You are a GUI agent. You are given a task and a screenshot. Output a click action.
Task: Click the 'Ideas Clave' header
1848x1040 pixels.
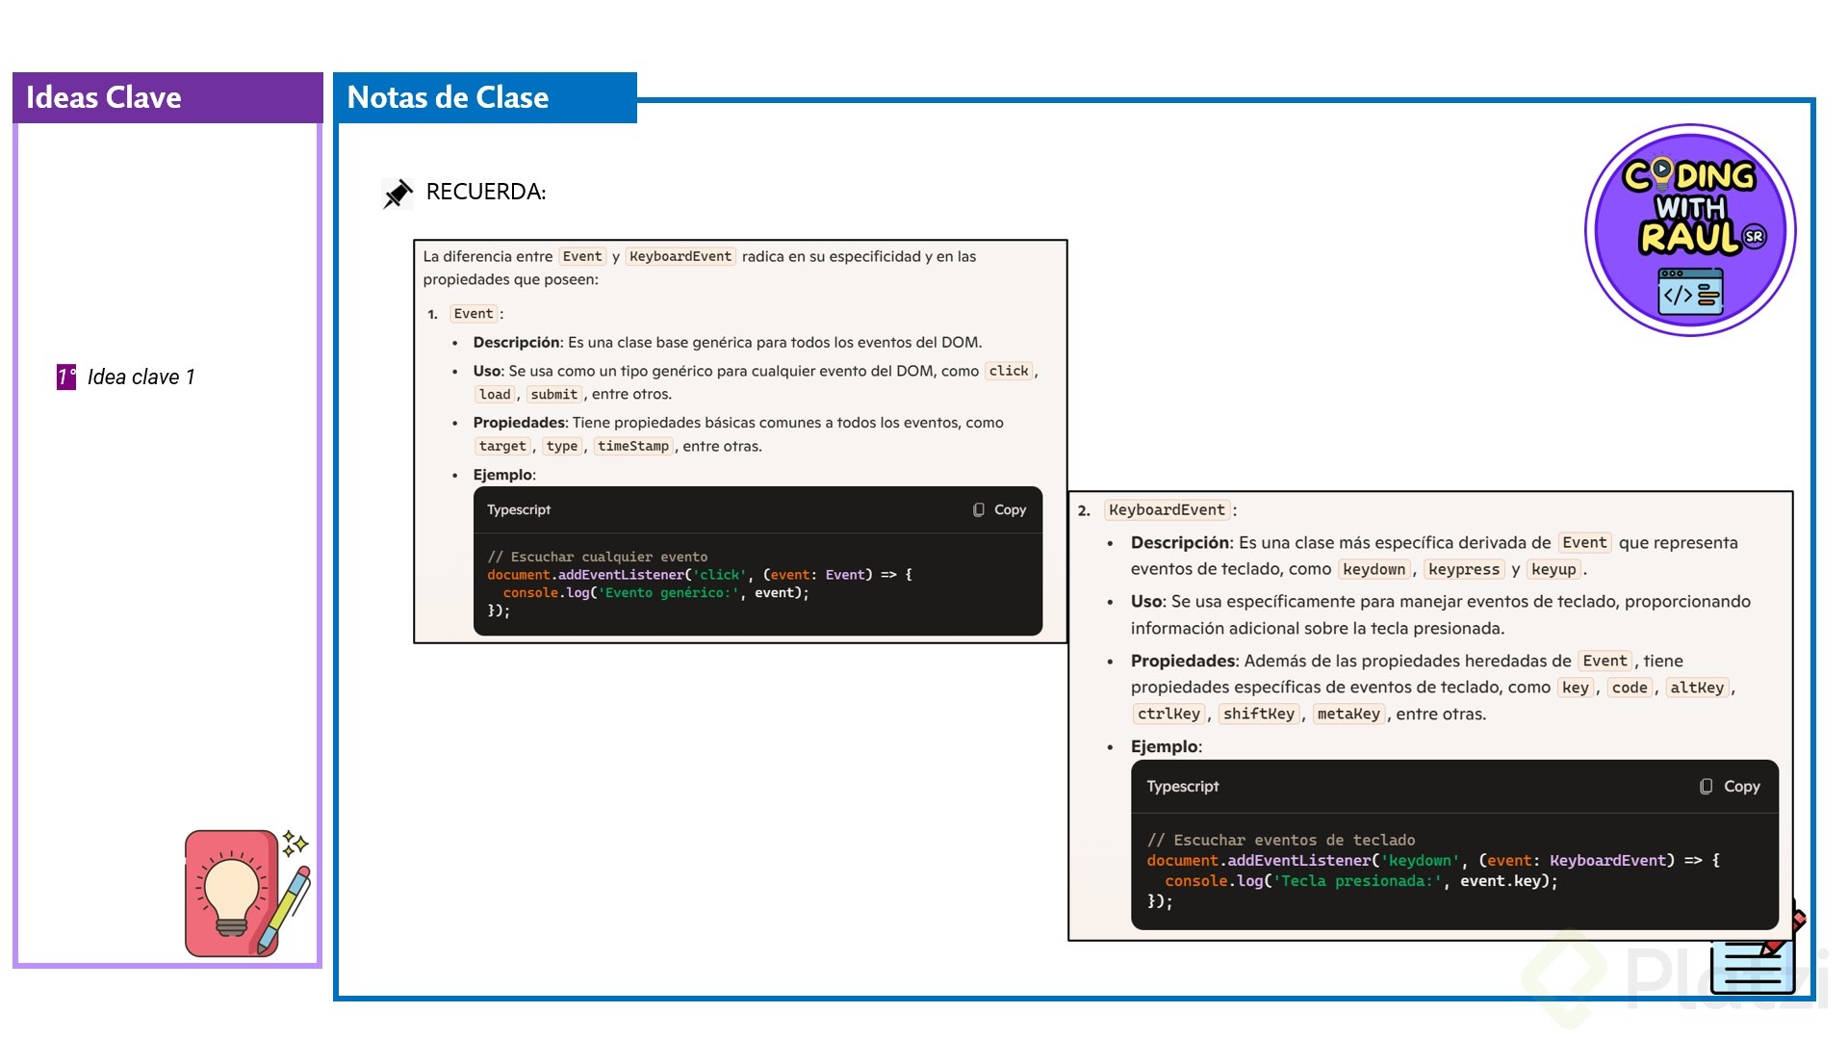103,97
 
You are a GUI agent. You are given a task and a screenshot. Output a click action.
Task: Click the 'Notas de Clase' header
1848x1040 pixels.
448,97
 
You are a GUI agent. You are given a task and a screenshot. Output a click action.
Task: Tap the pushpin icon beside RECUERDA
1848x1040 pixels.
398,194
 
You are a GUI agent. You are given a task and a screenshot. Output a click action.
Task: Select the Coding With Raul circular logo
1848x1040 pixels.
1690,230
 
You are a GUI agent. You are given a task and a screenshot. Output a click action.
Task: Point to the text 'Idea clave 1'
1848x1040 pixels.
141,377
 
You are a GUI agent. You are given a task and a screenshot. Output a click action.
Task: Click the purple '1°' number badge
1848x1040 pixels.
66,377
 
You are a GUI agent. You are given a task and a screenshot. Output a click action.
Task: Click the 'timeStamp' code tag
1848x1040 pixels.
632,446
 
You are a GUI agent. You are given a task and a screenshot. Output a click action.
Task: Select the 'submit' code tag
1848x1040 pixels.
554,394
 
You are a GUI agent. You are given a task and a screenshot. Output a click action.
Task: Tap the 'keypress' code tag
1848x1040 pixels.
1464,569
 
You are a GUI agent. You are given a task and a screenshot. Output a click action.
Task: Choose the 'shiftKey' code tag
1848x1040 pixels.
1258,714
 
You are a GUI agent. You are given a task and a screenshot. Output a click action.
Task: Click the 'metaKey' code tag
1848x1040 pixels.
1348,714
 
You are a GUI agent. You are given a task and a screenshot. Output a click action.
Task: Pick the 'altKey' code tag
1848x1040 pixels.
1697,688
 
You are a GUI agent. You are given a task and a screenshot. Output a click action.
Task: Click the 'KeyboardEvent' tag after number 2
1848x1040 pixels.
1167,510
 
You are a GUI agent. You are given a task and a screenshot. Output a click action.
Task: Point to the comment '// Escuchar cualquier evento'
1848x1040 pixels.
597,557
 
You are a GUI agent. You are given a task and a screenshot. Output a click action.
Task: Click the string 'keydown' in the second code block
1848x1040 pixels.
1420,861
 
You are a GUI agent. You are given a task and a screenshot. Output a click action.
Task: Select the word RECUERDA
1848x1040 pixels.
486,192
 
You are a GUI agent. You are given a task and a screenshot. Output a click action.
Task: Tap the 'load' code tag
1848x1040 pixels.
495,394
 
